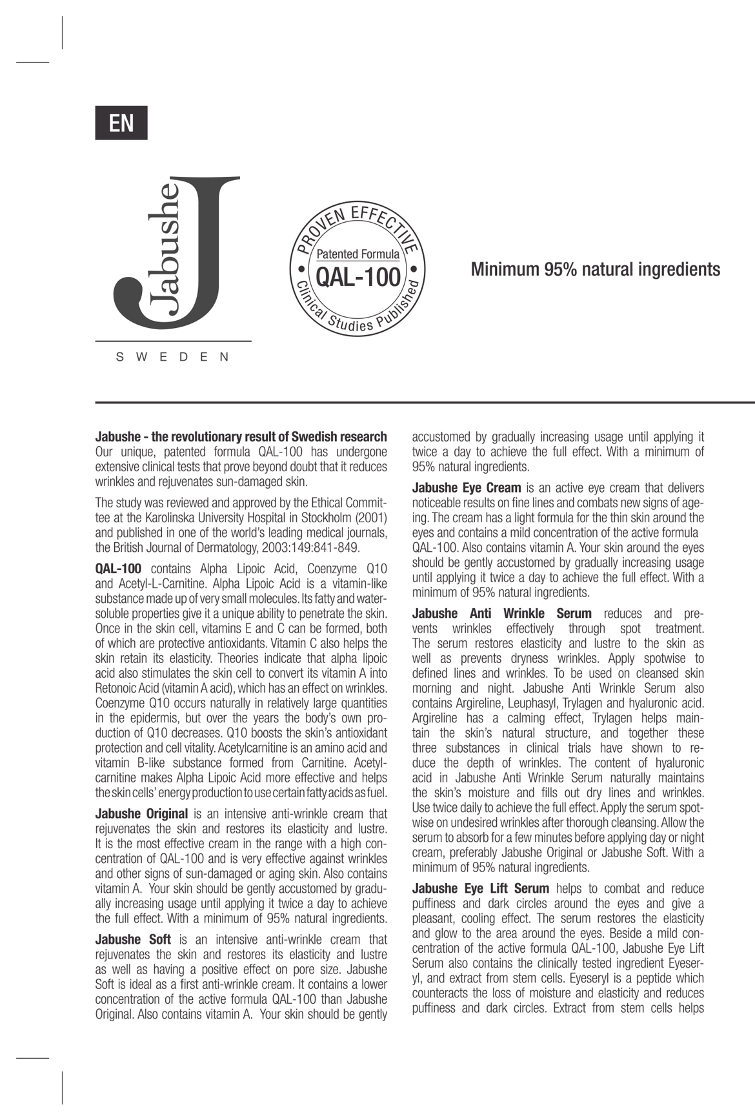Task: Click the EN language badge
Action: (121, 123)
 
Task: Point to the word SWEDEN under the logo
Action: (172, 357)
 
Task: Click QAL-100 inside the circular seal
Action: (358, 278)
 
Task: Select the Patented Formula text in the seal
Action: (357, 254)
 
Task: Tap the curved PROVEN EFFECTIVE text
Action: (359, 223)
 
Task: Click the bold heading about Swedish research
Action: (241, 437)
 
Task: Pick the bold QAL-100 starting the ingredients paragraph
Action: (118, 569)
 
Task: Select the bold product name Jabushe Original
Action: (142, 814)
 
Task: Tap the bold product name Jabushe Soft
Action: (133, 939)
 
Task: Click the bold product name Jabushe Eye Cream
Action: (467, 488)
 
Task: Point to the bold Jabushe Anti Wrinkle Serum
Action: (501, 613)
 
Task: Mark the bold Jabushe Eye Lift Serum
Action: (481, 889)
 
